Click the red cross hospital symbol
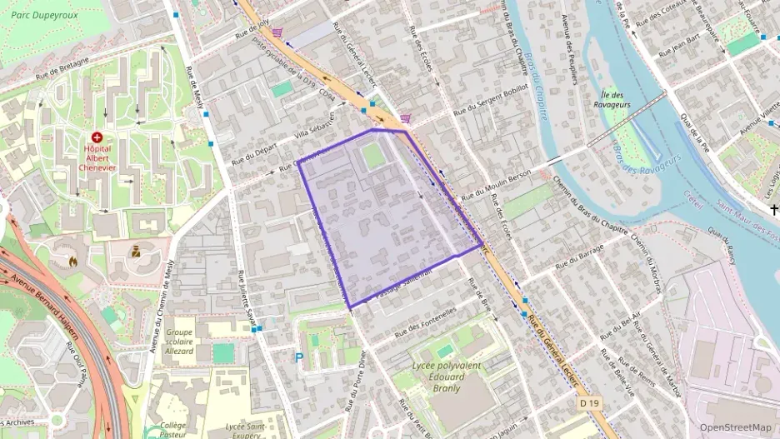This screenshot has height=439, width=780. coord(97,136)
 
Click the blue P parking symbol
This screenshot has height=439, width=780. coord(299,357)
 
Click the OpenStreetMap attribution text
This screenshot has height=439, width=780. coord(735,427)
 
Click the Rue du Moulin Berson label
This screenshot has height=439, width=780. coord(496,184)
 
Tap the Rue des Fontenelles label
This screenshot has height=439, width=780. coord(427,322)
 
